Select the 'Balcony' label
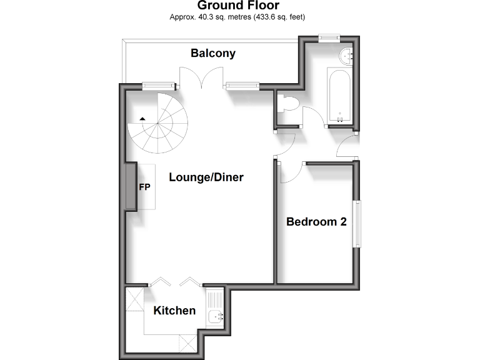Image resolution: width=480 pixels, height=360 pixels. (213, 53)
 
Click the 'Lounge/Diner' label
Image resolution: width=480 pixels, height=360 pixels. (206, 177)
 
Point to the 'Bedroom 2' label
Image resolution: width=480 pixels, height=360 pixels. (316, 221)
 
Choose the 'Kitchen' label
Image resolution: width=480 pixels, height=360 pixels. (175, 311)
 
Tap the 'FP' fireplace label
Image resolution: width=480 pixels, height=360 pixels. (144, 187)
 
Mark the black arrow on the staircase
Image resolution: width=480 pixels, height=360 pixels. (143, 118)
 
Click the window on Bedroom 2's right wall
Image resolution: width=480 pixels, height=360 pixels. (356, 223)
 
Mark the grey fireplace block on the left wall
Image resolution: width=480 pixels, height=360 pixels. (132, 187)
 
